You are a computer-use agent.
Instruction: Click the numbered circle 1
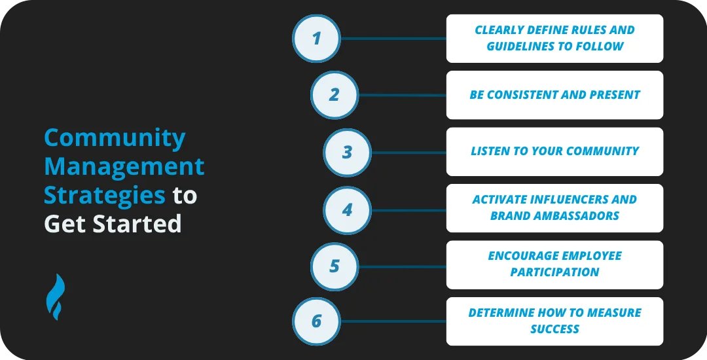point(316,39)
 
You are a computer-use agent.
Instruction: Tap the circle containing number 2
point(334,95)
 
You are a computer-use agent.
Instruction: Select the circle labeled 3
point(347,153)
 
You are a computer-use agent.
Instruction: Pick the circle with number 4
point(347,210)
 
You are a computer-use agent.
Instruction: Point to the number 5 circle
point(334,266)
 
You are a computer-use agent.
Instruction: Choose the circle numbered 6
point(316,321)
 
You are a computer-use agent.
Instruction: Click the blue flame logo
point(55,297)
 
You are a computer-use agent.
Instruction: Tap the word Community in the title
point(115,138)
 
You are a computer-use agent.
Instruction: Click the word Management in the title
point(124,167)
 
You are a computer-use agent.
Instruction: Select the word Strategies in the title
point(104,195)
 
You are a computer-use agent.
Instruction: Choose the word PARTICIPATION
point(554,272)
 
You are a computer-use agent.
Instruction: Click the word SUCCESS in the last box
point(554,329)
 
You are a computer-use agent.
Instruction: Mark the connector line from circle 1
point(393,39)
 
